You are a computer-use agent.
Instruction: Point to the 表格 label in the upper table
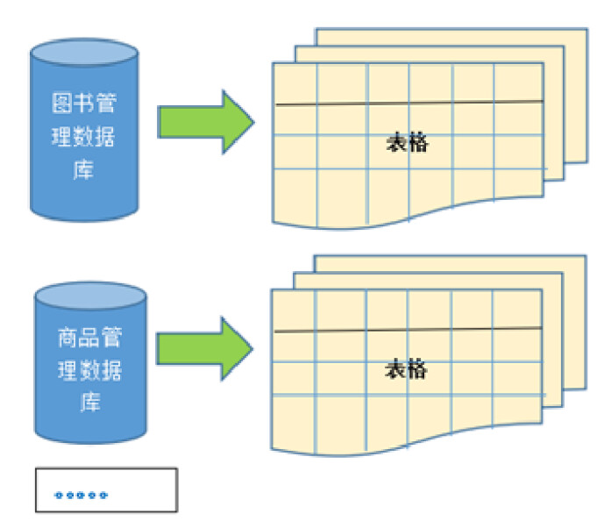408,142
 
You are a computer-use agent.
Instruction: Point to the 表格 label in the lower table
406,369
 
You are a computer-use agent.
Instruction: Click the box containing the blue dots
106,489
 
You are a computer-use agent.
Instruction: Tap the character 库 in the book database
84,169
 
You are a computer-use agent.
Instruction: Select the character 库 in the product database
89,402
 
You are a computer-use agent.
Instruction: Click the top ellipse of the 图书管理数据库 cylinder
84,54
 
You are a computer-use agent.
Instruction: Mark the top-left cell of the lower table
295,310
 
